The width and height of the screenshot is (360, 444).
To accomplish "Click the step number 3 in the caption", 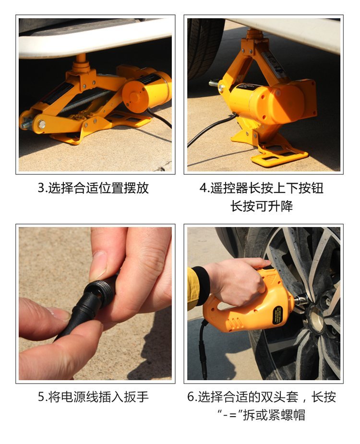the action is (x=41, y=188).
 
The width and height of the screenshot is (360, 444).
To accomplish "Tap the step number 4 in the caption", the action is (x=204, y=188).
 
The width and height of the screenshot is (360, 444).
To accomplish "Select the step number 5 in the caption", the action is (x=41, y=396).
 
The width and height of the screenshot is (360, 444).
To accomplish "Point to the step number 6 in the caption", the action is (x=191, y=396).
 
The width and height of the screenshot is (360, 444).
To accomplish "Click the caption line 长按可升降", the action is (x=262, y=206).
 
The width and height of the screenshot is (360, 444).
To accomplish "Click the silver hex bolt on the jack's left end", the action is (x=42, y=124).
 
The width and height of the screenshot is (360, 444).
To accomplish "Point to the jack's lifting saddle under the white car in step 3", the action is (x=81, y=64).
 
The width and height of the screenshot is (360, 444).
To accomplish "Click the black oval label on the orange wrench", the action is (x=277, y=316).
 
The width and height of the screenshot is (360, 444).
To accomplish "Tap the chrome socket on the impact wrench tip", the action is (x=301, y=300).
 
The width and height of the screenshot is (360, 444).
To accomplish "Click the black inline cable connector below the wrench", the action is (x=203, y=359).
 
